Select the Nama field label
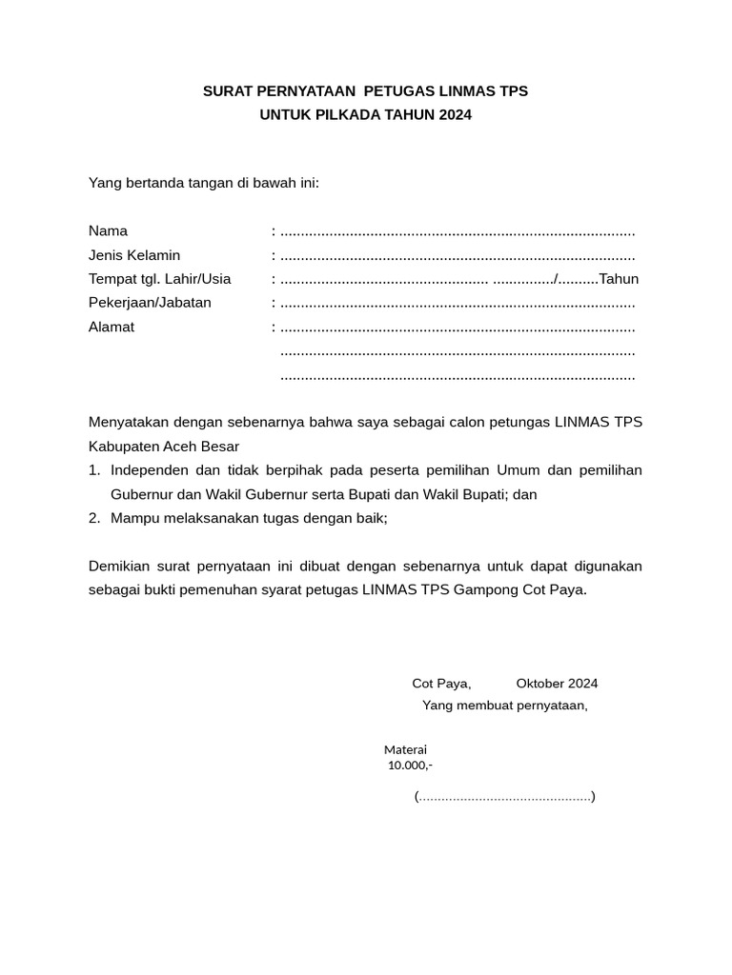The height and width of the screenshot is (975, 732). coord(108,230)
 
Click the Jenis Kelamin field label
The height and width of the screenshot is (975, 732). coord(134,255)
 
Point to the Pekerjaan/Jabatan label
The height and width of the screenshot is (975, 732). coord(150,303)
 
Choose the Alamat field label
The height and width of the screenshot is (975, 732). coord(112,327)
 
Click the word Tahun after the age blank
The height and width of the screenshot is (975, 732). coord(619,279)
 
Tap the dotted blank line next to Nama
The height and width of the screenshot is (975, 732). coord(457,231)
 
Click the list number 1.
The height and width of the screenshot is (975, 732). coord(93,470)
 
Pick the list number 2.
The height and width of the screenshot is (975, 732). coord(93,518)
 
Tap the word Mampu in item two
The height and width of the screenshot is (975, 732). coord(134,518)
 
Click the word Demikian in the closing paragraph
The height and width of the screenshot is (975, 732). coord(122,566)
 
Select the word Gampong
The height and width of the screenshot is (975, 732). coord(485,589)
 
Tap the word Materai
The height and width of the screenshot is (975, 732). coord(405,749)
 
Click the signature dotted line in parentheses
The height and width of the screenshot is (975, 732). coord(504,796)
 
